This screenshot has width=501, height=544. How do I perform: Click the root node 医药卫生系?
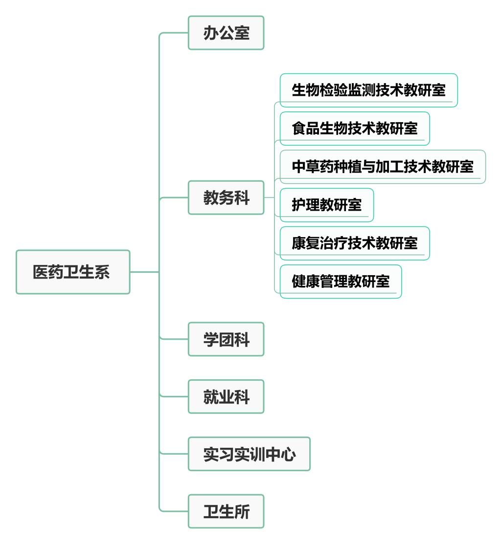click(73, 272)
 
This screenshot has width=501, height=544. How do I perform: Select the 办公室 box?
click(226, 33)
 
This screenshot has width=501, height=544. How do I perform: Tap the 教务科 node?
click(226, 197)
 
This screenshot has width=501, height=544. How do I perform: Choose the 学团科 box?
click(226, 339)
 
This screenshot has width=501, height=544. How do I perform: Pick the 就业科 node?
click(226, 396)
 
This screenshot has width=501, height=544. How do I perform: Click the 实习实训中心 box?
click(249, 454)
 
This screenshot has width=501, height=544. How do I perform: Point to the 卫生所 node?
click(226, 511)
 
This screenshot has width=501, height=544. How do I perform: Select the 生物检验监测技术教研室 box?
click(368, 90)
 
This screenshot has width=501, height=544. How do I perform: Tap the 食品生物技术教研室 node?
click(355, 129)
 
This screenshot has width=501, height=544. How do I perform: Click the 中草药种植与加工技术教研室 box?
click(383, 167)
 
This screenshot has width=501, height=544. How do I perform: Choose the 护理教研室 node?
click(326, 205)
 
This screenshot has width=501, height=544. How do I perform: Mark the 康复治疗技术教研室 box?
click(355, 243)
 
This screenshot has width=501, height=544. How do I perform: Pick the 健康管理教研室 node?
click(341, 281)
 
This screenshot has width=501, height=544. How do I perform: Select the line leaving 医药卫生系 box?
click(144, 272)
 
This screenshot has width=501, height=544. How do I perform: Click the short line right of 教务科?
click(269, 197)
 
